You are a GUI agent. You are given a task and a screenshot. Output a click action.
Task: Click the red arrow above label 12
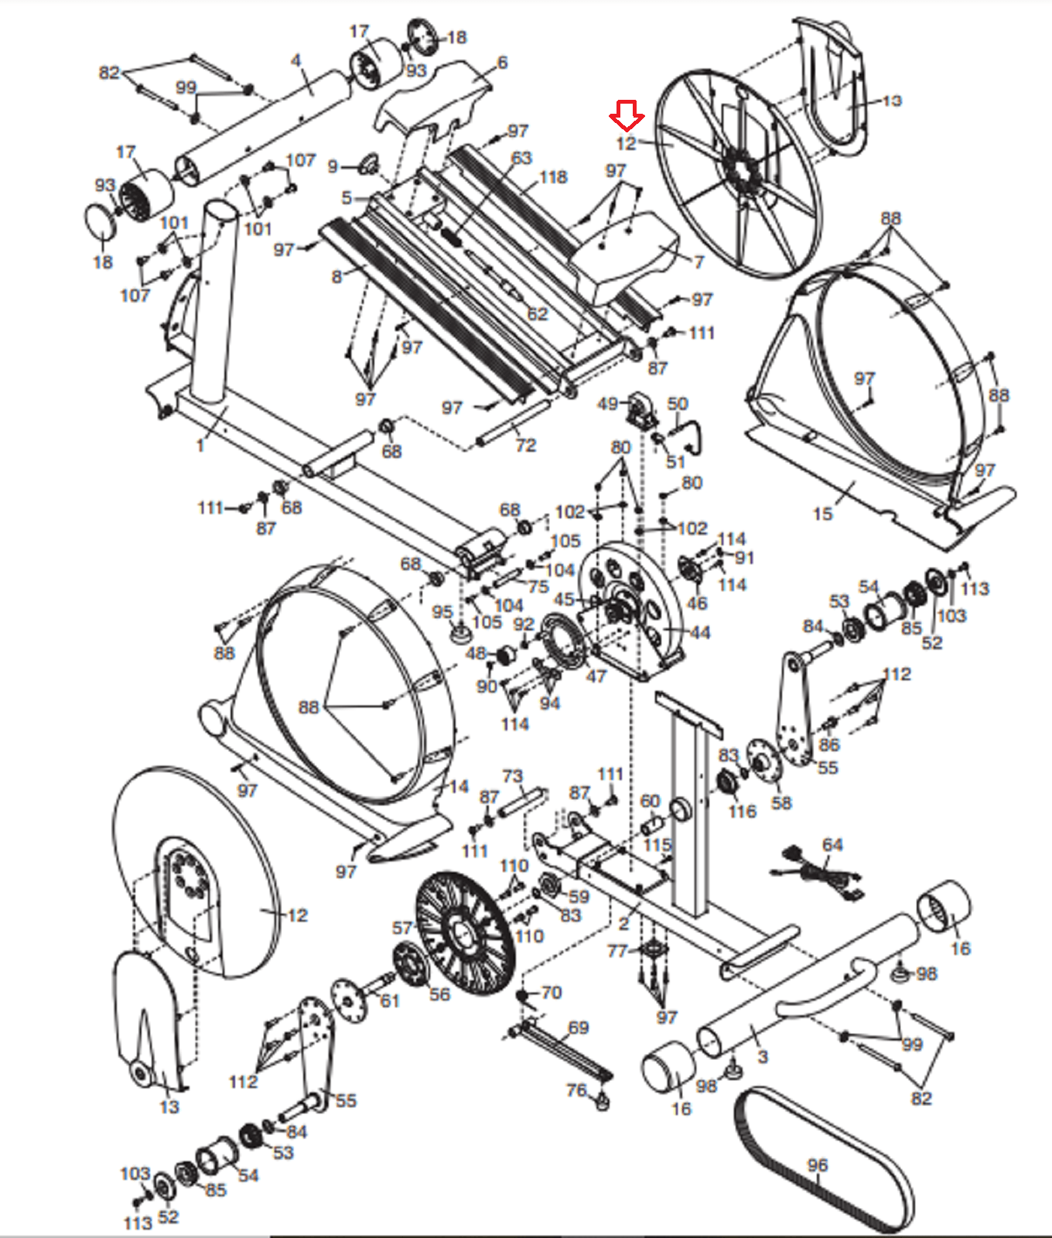(627, 116)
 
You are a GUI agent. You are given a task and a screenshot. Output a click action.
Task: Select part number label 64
(832, 844)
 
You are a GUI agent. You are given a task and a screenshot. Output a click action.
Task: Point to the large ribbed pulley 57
(465, 932)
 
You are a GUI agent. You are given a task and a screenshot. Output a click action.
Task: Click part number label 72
(525, 445)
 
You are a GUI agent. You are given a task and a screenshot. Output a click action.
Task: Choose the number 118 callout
(553, 177)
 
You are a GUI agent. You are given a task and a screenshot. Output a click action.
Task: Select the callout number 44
(699, 632)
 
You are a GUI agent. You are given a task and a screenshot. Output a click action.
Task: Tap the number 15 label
(822, 513)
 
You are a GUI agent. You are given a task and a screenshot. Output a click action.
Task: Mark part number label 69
(579, 1028)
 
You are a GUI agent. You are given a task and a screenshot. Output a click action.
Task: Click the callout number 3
(763, 1056)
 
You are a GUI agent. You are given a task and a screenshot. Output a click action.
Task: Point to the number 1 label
(200, 445)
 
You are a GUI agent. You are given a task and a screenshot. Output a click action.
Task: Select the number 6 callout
(502, 63)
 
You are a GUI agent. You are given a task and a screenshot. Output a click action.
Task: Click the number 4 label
(295, 60)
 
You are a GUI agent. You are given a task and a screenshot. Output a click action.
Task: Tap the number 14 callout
(459, 786)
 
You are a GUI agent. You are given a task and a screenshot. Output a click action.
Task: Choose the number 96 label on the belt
(818, 1164)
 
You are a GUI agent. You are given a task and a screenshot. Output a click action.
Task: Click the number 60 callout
(650, 801)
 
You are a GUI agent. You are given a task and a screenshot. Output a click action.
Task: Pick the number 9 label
(333, 166)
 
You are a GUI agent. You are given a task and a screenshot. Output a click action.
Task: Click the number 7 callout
(698, 262)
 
